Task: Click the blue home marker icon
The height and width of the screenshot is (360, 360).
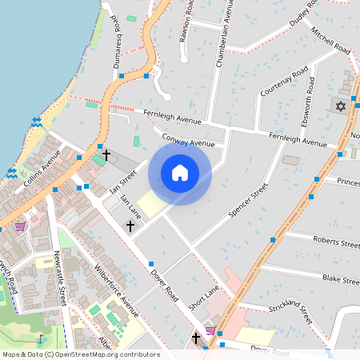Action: (180, 173)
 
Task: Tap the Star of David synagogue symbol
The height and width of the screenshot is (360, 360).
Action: (341, 106)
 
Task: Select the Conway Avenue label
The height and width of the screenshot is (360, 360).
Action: (189, 141)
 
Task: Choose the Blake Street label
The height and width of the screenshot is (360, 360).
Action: (340, 279)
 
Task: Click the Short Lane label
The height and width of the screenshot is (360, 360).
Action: (203, 302)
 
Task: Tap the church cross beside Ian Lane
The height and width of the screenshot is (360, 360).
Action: (130, 226)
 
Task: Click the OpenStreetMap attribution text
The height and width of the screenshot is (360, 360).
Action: (81, 354)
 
